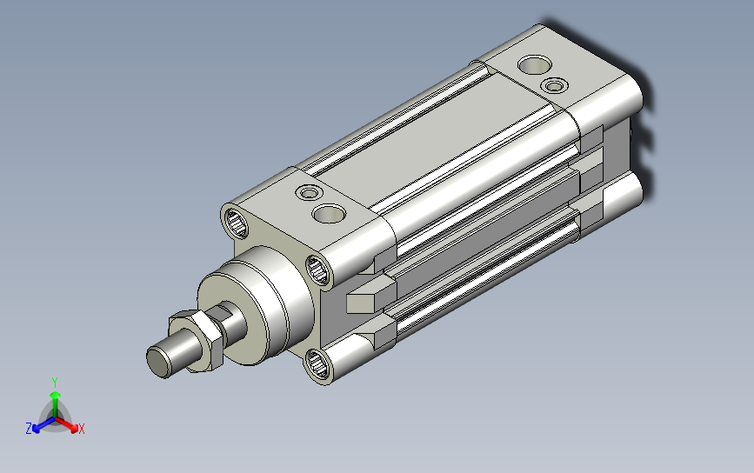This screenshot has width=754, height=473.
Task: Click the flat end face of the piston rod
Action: pyautogui.click(x=158, y=363)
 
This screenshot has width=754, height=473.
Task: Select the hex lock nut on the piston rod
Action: pyautogui.click(x=198, y=340)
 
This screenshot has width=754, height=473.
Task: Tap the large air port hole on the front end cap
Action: pyautogui.click(x=329, y=213)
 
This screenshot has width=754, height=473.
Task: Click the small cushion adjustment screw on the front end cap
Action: pyautogui.click(x=309, y=193)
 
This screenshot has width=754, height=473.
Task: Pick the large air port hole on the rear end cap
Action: pyautogui.click(x=534, y=65)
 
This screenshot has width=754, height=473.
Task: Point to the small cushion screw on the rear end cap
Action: pyautogui.click(x=555, y=86)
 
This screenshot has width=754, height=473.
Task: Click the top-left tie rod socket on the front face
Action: pyautogui.click(x=236, y=223)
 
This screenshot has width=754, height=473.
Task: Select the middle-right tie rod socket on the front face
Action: pyautogui.click(x=317, y=270)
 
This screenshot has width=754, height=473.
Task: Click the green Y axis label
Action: pyautogui.click(x=55, y=383)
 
